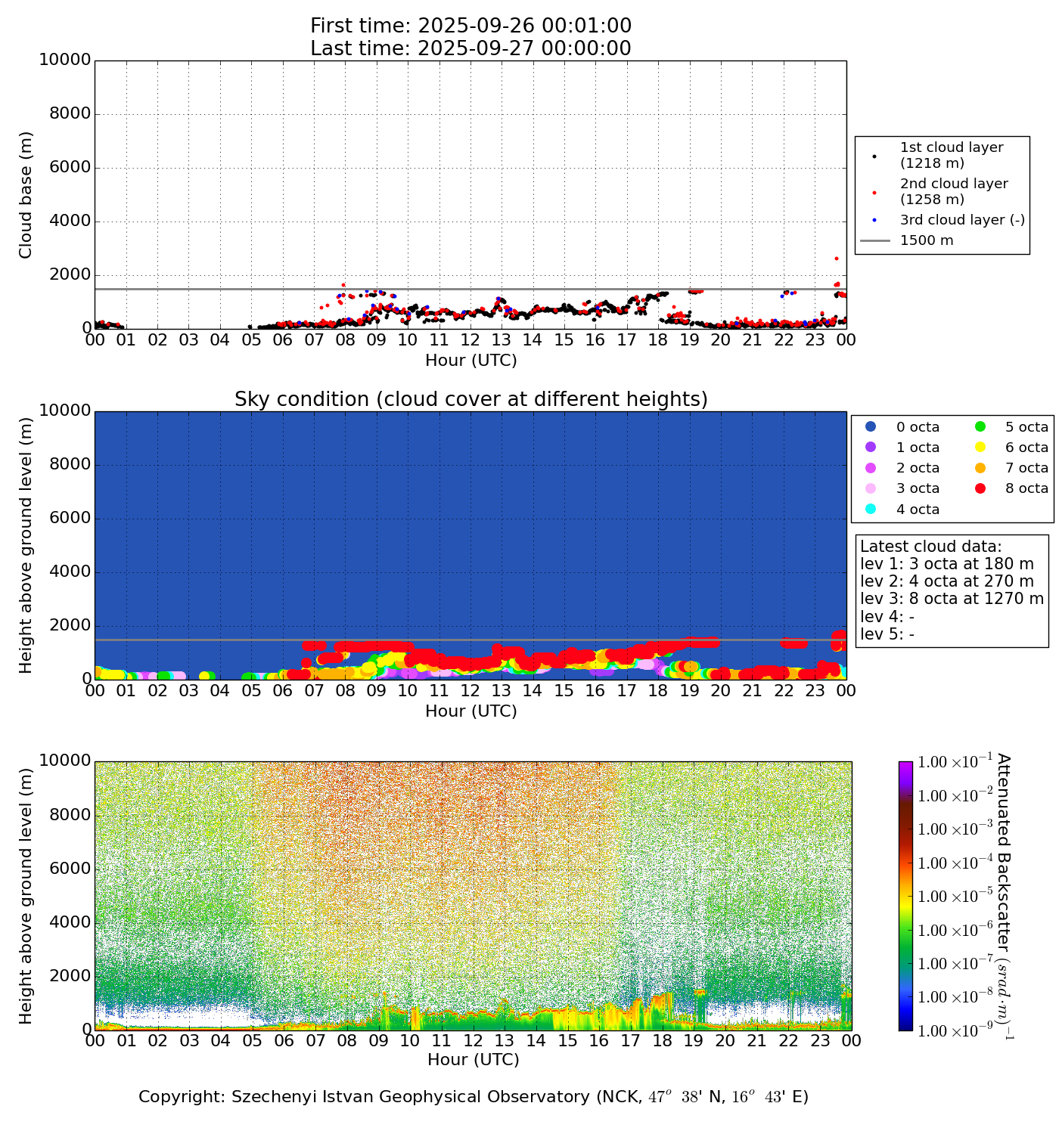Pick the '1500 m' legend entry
(x=926, y=240)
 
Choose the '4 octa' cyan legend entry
(x=918, y=510)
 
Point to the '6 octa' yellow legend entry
(x=1026, y=448)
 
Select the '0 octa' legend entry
(x=918, y=427)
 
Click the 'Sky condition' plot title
(x=470, y=399)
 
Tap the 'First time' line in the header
(x=470, y=26)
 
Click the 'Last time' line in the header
(x=470, y=48)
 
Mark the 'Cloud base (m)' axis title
(x=26, y=195)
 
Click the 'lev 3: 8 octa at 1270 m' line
(x=952, y=599)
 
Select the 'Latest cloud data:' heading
(x=930, y=547)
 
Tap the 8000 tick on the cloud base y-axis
(x=70, y=114)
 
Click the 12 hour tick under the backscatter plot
(x=473, y=1041)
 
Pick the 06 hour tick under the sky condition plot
(x=282, y=690)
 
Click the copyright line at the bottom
(x=473, y=1096)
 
